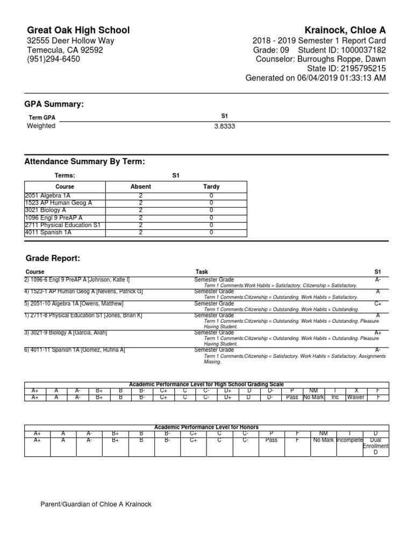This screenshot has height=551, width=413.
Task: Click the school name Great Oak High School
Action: (x=78, y=30)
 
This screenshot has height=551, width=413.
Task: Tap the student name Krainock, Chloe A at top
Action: (x=344, y=30)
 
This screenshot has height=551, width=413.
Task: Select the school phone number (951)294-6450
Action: (x=53, y=59)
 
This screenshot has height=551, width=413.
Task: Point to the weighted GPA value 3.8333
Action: (x=224, y=126)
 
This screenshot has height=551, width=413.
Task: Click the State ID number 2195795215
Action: (x=361, y=68)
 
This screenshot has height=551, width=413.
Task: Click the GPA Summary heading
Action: (x=54, y=104)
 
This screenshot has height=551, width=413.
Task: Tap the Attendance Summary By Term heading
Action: (x=85, y=162)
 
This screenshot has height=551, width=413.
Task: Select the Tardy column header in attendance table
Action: (x=211, y=187)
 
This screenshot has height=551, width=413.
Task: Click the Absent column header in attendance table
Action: (x=141, y=187)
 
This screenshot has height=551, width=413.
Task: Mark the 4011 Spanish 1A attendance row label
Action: (x=48, y=232)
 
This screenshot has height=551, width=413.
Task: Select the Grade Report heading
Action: (x=52, y=259)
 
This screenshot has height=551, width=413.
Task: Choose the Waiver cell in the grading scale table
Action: (x=355, y=397)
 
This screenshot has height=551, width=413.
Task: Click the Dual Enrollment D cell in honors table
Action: (x=376, y=446)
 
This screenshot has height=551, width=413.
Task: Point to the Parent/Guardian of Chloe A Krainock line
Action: (x=96, y=504)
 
